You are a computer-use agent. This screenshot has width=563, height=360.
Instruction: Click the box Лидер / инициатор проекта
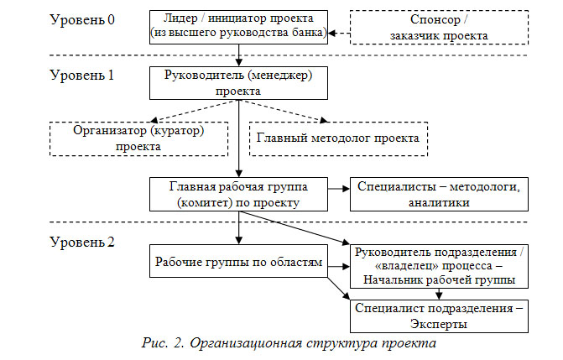[x=238, y=25]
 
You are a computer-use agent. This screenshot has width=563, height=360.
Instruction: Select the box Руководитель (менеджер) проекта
[x=238, y=81]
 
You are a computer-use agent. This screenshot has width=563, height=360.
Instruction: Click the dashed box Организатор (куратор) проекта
[x=138, y=138]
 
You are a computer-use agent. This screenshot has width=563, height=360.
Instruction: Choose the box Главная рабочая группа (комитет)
[x=238, y=194]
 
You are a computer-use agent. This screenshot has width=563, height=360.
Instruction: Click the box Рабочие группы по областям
[x=238, y=263]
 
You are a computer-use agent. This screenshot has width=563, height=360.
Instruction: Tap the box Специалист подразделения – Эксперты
[x=440, y=315]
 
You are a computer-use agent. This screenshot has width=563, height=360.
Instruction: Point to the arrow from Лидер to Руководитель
[x=238, y=53]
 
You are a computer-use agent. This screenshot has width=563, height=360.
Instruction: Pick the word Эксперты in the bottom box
[x=439, y=321]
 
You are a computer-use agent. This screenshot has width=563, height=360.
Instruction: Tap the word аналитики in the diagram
[x=439, y=201]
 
